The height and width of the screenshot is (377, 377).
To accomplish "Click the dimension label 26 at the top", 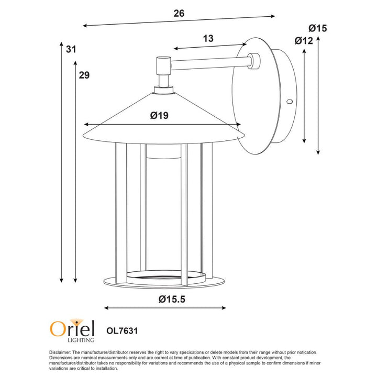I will tap(179, 14).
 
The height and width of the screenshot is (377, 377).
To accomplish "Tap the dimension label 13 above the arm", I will tap(208, 38).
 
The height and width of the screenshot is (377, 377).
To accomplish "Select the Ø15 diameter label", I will tap(317, 28).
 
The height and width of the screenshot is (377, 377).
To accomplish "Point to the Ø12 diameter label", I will tap(304, 41).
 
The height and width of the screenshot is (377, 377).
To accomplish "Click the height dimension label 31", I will tap(71, 50).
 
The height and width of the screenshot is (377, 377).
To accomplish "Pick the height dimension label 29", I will tap(84, 75).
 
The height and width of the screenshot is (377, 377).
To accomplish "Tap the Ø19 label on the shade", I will tap(159, 116).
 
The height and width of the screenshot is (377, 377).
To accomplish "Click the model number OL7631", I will tap(121, 331).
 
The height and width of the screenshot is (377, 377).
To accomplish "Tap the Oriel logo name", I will tap(72, 328).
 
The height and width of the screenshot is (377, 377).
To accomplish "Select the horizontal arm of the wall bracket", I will tap(209, 62).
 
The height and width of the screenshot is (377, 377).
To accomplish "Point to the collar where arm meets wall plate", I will tap(254, 61).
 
